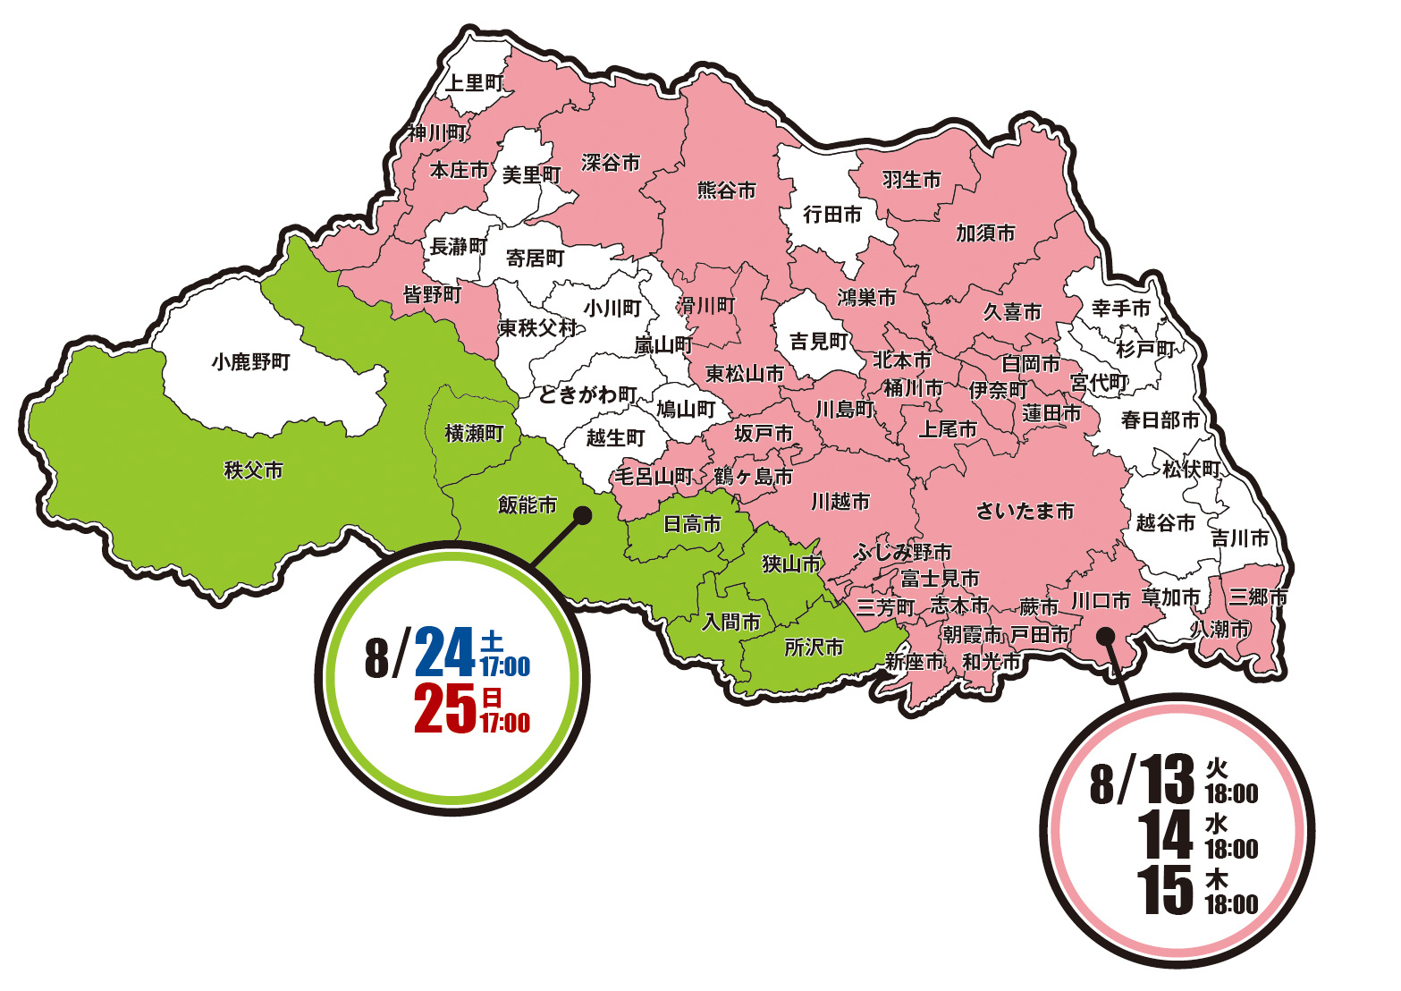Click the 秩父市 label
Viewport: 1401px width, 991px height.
(x=253, y=470)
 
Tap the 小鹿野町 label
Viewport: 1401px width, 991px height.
(x=251, y=362)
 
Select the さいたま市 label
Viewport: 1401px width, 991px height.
(x=1025, y=511)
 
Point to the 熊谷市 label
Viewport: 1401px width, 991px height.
(x=726, y=190)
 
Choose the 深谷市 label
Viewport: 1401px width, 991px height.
(x=611, y=163)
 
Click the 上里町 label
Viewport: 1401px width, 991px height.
(x=475, y=83)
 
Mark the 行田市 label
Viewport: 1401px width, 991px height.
(x=832, y=215)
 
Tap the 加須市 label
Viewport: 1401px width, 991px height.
(x=985, y=233)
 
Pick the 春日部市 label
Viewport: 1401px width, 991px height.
(x=1160, y=419)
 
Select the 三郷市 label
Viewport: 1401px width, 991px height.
(x=1257, y=596)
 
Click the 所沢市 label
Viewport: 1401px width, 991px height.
(x=814, y=647)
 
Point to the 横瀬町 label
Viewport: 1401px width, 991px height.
(x=475, y=434)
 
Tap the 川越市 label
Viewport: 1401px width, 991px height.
(x=840, y=501)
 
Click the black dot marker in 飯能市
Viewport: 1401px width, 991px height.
(x=582, y=515)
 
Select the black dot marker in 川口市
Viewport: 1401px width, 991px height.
(x=1105, y=636)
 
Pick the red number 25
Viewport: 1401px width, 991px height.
(x=444, y=708)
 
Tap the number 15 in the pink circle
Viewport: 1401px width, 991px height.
(x=1166, y=891)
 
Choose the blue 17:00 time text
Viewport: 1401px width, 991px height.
(x=505, y=666)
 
